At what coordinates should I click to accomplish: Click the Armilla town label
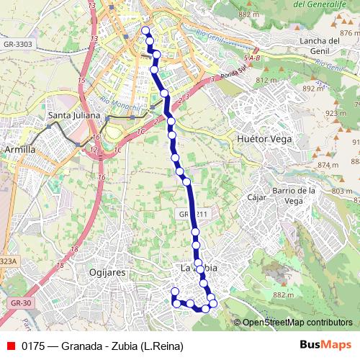tap(20, 149)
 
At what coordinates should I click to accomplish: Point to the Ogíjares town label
tap(110, 273)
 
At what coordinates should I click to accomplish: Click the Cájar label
tap(256, 197)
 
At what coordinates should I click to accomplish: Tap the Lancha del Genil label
tap(319, 46)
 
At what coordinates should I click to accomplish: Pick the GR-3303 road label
tap(18, 44)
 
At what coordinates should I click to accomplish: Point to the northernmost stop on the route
tap(145, 30)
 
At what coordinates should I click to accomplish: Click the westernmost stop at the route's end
tap(174, 292)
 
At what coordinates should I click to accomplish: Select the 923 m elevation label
tap(336, 113)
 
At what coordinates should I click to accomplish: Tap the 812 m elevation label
tap(266, 80)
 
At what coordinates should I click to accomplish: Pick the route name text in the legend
tap(102, 346)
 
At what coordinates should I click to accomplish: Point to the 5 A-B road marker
tap(252, 57)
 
